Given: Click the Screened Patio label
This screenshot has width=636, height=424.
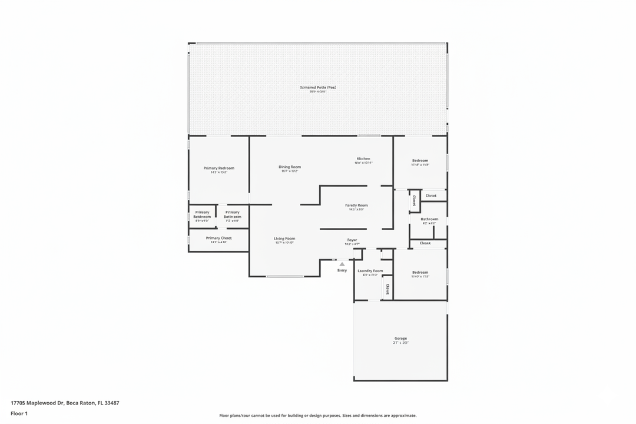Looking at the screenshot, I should coord(318,87).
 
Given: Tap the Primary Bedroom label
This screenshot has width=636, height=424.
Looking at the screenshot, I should coord(218,168).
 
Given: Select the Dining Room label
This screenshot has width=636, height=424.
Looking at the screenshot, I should coord(290,167).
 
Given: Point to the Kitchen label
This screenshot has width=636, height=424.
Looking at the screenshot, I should coord(363,158).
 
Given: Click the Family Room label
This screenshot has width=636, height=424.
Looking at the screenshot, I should coord(356,205).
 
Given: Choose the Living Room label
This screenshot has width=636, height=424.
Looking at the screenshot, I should coord(284,238).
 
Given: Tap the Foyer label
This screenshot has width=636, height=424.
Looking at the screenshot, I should coord(352,240).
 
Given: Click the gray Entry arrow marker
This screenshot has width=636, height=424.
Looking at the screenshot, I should coord(342,264).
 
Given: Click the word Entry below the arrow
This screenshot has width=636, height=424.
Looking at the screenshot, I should coord(342,270).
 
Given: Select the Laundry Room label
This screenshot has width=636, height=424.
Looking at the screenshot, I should coord(370,271).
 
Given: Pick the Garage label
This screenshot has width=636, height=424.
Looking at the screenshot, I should coord(400,339).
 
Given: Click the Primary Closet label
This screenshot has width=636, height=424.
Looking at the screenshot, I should coord(218,238).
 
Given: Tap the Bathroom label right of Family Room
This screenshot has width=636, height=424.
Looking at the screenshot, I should coord(429,219).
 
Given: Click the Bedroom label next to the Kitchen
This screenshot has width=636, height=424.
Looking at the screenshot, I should coord(420,161).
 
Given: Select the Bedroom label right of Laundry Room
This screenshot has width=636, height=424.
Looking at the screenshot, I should coord(420,272).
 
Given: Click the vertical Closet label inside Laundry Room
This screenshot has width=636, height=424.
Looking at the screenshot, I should coord(387,289).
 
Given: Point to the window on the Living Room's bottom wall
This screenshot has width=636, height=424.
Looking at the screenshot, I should coord(285,276).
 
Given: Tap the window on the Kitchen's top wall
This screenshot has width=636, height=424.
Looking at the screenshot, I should coord(369,136).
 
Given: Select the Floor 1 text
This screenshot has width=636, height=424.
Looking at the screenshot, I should coord(19,413).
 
